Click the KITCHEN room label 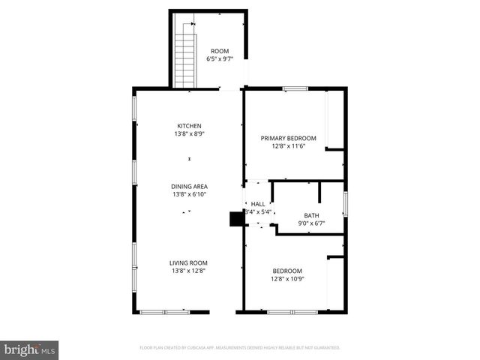[x=189, y=126]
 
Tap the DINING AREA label [x=189, y=186]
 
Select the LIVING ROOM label [x=188, y=262]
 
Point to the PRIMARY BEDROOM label [x=288, y=138]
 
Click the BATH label [x=311, y=215]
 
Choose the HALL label [x=258, y=204]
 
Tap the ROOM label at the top [x=220, y=51]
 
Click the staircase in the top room [x=184, y=52]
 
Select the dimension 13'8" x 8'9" [x=189, y=134]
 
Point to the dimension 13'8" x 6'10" [x=189, y=194]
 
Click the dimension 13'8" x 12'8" [x=188, y=271]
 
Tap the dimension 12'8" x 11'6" [x=288, y=146]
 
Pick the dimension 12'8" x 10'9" [x=287, y=279]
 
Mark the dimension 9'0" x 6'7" [x=311, y=223]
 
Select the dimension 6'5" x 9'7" [x=220, y=59]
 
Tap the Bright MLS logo [x=30, y=349]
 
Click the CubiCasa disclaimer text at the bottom [x=240, y=348]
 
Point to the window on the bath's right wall [x=346, y=203]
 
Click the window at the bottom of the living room [x=166, y=311]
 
